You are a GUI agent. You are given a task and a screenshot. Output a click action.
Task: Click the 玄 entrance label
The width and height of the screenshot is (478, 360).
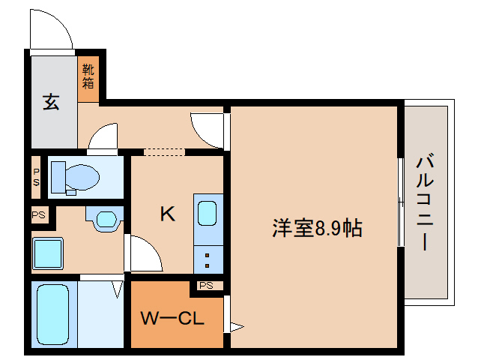(x=51, y=101)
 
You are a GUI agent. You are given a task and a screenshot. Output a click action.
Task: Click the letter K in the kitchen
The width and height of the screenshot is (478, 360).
(x=167, y=214)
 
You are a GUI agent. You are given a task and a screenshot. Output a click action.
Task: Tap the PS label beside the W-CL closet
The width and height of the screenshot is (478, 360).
(x=207, y=286)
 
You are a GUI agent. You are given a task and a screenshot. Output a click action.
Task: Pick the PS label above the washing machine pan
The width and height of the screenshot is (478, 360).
(x=38, y=215)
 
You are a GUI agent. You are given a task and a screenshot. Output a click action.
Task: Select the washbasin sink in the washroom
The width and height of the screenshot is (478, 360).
(x=105, y=220)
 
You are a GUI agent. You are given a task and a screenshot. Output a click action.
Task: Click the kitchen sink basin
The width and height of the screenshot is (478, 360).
(x=208, y=213)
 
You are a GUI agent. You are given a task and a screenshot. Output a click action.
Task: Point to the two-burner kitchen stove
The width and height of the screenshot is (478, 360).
(x=208, y=260)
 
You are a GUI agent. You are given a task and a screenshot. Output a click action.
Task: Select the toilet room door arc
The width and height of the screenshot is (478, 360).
(x=103, y=139)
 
